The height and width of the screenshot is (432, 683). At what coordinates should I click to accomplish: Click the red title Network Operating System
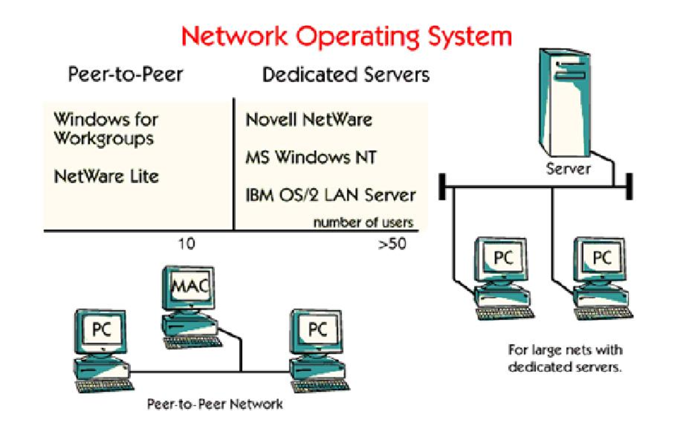tap(346, 36)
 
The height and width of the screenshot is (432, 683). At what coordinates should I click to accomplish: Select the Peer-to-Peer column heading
tap(126, 75)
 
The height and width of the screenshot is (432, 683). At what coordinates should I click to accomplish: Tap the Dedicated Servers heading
tap(346, 75)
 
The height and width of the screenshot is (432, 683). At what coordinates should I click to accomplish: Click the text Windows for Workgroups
tap(105, 129)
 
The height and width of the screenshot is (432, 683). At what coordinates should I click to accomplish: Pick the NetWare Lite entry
tap(106, 177)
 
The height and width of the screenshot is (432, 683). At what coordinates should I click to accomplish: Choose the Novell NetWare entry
tap(309, 120)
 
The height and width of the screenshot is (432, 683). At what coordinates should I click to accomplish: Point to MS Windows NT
tap(311, 157)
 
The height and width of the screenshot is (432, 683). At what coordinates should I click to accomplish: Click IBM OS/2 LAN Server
tap(331, 195)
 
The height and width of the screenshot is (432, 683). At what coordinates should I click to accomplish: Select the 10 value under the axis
tap(186, 244)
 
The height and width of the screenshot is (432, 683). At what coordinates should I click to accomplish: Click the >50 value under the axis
tap(392, 244)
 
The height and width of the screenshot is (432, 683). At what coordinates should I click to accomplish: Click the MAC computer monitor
tap(189, 288)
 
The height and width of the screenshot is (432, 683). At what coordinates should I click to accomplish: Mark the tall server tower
tap(564, 103)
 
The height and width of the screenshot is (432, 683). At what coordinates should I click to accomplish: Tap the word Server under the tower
tap(568, 169)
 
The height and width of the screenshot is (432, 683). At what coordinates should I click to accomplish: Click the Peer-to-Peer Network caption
tap(215, 404)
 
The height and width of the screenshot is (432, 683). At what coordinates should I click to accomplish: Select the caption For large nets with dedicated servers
tap(565, 358)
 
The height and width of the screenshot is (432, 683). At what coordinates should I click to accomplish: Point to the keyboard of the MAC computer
tap(192, 342)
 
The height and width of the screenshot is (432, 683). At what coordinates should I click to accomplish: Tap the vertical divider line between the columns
tap(234, 164)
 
